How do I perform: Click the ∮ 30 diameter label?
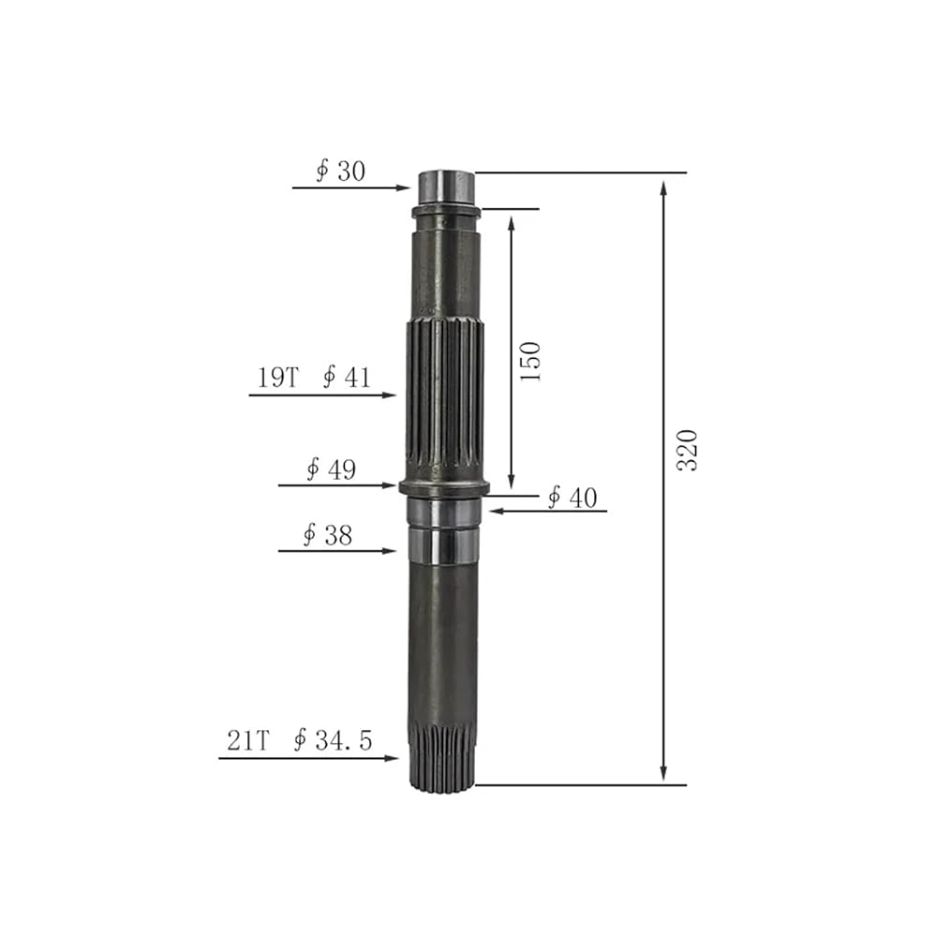(340, 171)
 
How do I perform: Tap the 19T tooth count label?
(277, 378)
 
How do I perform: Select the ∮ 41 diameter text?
(347, 378)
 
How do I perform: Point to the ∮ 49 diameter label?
(331, 469)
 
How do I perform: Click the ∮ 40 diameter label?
(573, 498)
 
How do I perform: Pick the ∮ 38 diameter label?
(327, 535)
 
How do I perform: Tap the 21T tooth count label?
(248, 741)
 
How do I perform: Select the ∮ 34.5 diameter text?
(333, 741)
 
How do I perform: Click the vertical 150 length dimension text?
(530, 362)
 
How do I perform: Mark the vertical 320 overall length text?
(687, 451)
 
